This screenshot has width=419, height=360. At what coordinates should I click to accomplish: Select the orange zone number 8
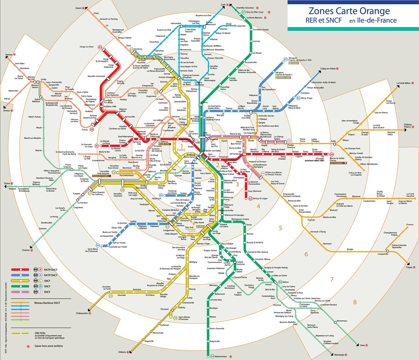(354, 302)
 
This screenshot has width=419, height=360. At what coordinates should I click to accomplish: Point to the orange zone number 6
(306, 254)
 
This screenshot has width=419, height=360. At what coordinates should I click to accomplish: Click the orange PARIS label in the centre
(182, 150)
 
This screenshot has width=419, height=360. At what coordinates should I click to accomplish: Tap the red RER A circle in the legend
(35, 270)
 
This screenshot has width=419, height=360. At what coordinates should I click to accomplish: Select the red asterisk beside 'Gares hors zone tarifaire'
(28, 346)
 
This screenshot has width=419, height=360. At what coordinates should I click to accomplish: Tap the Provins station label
(409, 225)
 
